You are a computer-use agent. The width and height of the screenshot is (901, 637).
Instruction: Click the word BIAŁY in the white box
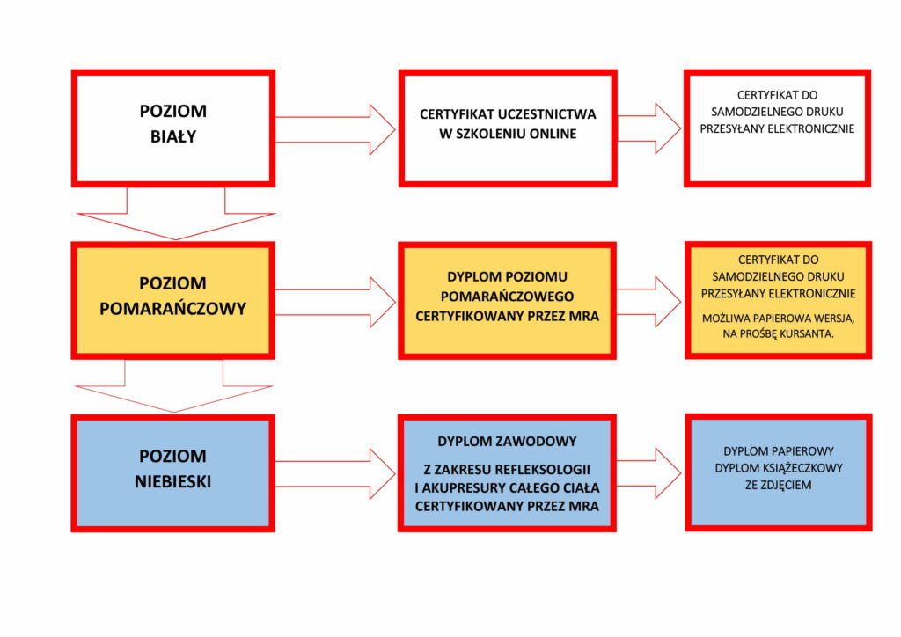[x=173, y=136]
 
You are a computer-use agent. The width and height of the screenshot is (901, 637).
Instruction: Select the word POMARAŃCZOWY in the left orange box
[x=173, y=309]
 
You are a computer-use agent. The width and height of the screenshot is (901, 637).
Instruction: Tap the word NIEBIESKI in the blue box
[x=173, y=481]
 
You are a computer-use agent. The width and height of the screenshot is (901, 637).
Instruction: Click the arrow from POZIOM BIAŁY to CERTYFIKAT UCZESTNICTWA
[x=335, y=129]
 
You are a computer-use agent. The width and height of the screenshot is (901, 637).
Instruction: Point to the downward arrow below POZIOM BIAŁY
[x=176, y=214]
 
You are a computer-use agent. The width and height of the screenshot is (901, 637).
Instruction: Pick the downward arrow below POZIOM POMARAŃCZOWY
[x=173, y=386]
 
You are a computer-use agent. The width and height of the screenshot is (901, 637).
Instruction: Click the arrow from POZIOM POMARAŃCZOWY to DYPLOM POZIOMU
[x=335, y=302]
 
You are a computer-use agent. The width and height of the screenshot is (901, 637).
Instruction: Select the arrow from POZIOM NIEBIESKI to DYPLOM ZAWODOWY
[x=335, y=474]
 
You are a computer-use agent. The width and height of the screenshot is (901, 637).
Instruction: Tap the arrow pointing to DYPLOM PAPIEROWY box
[x=649, y=473]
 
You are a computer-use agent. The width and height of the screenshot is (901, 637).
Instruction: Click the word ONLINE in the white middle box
[x=553, y=134]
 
